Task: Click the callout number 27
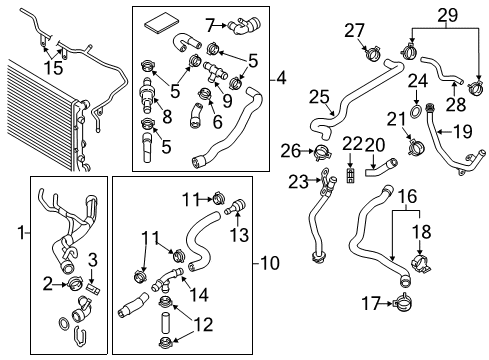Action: pos(354,31)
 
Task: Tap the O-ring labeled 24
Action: pos(415,111)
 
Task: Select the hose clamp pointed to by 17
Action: pos(402,302)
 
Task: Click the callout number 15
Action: pos(53,68)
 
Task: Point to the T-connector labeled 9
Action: pos(214,72)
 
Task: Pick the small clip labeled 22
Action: pos(350,175)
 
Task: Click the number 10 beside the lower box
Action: pos(270,263)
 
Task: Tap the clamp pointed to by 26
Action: pos(322,152)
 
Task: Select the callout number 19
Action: pos(463,132)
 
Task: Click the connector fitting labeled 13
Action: pos(236,207)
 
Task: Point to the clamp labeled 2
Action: pos(76,284)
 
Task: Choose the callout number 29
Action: pos(447,15)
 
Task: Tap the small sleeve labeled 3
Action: pos(93,288)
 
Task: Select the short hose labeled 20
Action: pos(381,167)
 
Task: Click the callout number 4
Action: pos(281,79)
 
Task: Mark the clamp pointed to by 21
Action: pos(415,147)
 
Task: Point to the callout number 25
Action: pos(319,97)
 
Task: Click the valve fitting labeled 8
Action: pos(146,95)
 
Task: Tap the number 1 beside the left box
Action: pos(22,232)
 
